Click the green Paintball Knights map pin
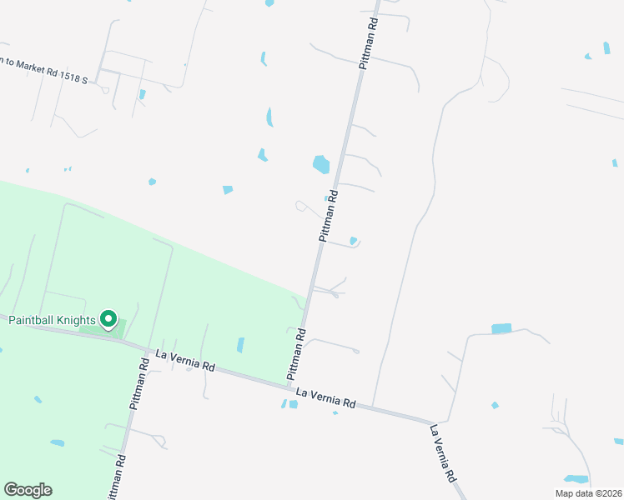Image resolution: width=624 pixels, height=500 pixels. coord(108,319)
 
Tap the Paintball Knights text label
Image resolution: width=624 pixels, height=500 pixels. coord(52,320)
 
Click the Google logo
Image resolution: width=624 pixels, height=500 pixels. coord(28,490)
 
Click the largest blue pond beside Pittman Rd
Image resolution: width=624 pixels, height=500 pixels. coord(321,164)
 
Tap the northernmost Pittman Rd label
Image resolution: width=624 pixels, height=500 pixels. coord(369,46)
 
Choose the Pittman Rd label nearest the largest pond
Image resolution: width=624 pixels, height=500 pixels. coord(329,216)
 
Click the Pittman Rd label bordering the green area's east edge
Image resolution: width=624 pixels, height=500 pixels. coord(297,354)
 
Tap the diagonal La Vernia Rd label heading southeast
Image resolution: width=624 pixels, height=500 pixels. coord(443,453)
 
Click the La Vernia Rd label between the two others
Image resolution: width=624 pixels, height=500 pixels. coord(326,397)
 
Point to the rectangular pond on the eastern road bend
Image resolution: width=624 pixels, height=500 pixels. coord(501,328)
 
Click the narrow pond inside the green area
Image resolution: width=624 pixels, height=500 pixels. coord(240,344)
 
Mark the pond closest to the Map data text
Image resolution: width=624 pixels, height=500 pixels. coord(575,479)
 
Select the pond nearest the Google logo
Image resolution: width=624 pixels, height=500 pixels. coord(57,442)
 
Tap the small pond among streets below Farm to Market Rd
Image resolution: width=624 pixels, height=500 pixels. coord(143,94)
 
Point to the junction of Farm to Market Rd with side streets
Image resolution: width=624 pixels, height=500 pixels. coord(98,82)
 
